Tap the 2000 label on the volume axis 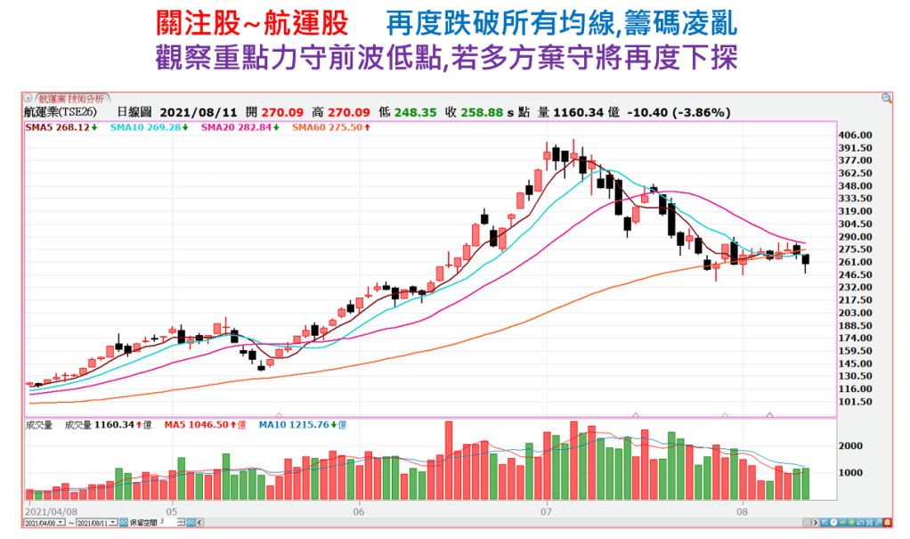point(853,445)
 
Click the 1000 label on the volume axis point(853,473)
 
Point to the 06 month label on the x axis point(360,512)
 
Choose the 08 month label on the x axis point(742,512)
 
